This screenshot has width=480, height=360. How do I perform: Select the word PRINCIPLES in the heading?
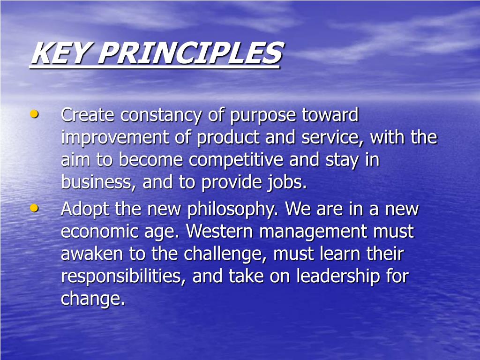point(189,53)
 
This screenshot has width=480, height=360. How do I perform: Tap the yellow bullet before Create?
point(34,114)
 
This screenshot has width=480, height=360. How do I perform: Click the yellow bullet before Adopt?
point(34,208)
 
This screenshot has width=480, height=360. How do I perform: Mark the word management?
point(315,232)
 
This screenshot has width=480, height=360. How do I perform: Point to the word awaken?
point(91,254)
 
